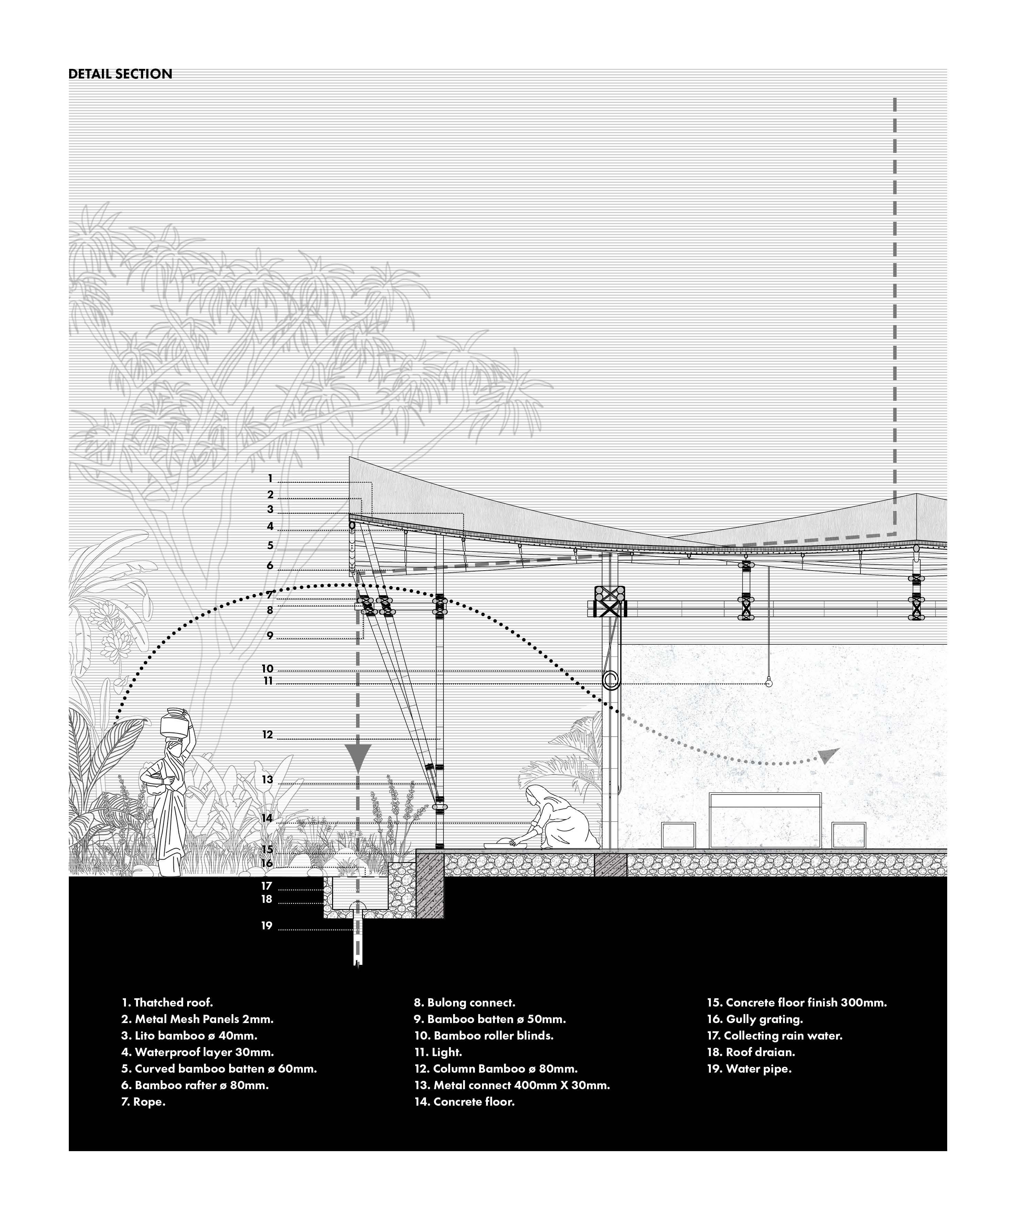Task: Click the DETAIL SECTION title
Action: [120, 74]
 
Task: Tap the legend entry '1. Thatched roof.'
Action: [167, 1002]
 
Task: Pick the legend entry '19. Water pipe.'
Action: [749, 1068]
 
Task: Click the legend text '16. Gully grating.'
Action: [755, 1019]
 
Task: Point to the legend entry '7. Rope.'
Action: [143, 1102]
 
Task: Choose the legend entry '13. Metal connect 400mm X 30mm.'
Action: [512, 1085]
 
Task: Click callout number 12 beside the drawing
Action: [267, 735]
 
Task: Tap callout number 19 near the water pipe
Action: [267, 926]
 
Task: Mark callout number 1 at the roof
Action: [270, 479]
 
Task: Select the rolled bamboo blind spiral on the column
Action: [611, 680]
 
